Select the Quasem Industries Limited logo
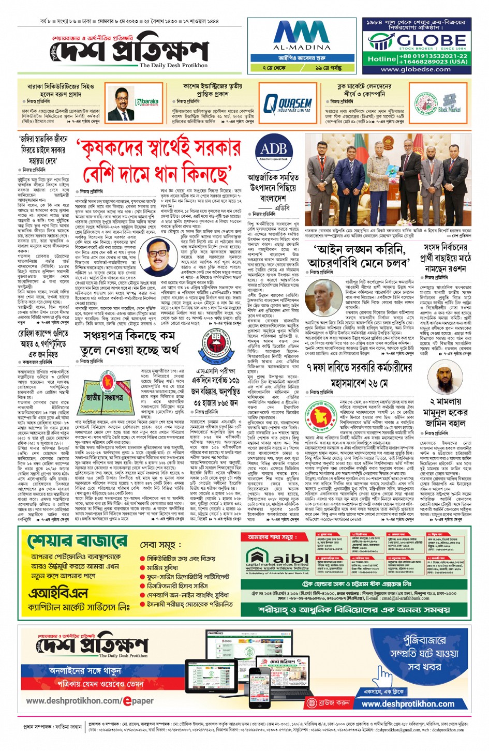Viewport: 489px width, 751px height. point(288,104)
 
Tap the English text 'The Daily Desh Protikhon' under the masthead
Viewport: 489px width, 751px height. point(173,66)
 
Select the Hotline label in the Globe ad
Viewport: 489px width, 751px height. point(382,59)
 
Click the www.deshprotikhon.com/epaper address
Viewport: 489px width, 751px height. point(90,701)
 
